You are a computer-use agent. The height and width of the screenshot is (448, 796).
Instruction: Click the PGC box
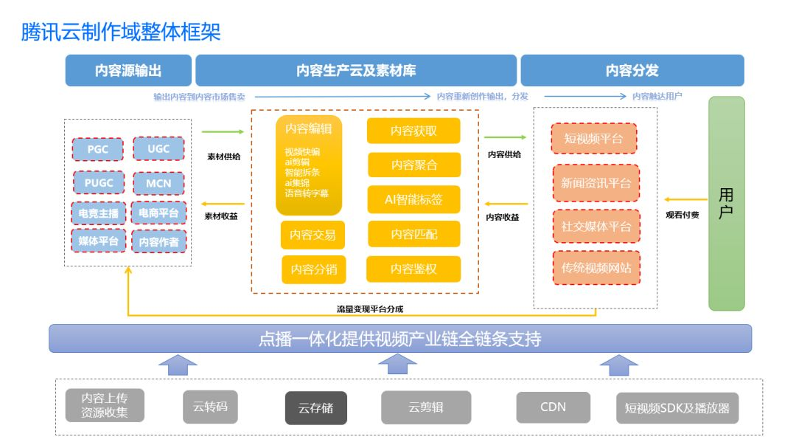click(98, 149)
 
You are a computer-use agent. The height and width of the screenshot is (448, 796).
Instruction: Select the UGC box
click(158, 149)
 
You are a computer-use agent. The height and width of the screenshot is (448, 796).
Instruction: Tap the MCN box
click(158, 183)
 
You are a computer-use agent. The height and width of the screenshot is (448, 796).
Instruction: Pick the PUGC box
click(98, 183)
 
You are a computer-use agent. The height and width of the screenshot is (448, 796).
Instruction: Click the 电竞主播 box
click(98, 213)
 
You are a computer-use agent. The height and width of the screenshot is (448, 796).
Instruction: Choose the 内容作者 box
click(158, 241)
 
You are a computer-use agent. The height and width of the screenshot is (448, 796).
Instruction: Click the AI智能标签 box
click(413, 199)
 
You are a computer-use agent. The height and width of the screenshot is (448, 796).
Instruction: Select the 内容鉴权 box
click(413, 269)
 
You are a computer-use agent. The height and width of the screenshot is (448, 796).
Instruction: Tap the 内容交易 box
click(313, 235)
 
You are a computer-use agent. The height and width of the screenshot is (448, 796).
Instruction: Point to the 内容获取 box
click(413, 131)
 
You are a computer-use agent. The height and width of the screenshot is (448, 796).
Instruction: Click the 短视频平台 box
click(593, 139)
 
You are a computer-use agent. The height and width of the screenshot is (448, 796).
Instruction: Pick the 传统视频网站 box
click(596, 268)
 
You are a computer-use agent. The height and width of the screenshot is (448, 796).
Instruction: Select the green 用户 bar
click(726, 203)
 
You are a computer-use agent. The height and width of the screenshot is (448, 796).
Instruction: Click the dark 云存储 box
click(315, 407)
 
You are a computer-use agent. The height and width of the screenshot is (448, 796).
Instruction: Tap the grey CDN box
click(553, 407)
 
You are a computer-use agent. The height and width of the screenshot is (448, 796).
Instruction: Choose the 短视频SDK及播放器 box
click(677, 407)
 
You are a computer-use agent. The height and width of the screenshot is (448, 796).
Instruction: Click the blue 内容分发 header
click(632, 71)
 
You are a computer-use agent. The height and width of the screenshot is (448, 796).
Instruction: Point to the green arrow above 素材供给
click(223, 132)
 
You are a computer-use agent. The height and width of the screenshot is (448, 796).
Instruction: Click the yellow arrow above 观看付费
click(682, 199)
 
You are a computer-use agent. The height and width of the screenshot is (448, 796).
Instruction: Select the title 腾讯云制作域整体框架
click(121, 32)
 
